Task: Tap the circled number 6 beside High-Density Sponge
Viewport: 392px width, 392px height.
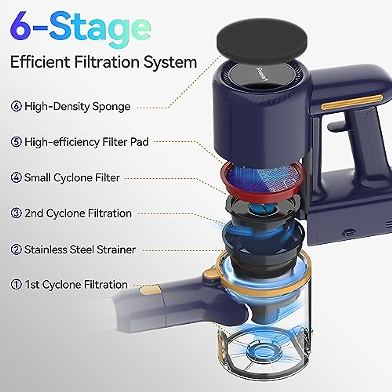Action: point(16,106)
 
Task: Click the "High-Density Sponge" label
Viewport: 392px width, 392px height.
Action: point(77,106)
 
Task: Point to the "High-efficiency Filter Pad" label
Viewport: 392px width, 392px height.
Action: point(87,142)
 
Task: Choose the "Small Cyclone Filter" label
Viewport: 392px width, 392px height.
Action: point(72,178)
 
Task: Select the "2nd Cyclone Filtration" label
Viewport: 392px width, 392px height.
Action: point(78,213)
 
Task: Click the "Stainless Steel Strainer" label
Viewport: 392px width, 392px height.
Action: point(80,250)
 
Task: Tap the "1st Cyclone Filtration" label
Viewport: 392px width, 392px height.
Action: point(76,285)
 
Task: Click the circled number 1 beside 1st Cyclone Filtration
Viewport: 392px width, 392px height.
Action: point(16,285)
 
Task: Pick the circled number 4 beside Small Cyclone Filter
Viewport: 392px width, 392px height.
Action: point(16,178)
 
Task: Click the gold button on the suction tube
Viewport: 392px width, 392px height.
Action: point(149,289)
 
